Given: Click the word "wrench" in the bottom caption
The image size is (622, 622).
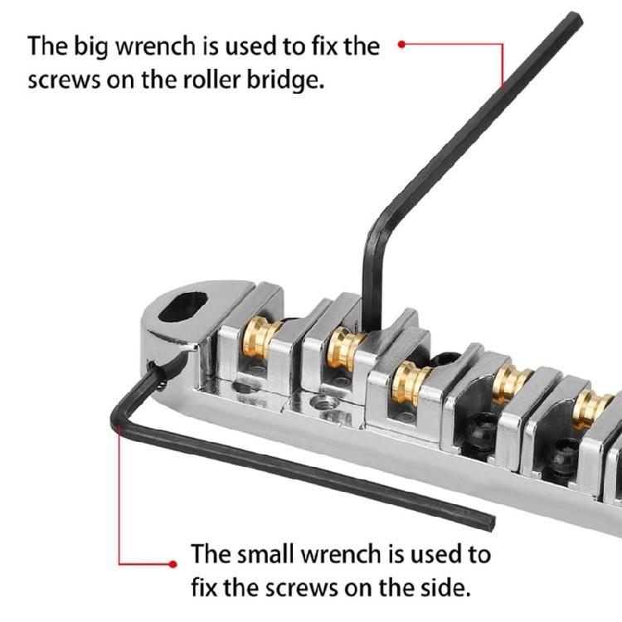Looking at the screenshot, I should tap(348, 553).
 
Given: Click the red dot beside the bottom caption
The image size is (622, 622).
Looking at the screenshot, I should tap(173, 563).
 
